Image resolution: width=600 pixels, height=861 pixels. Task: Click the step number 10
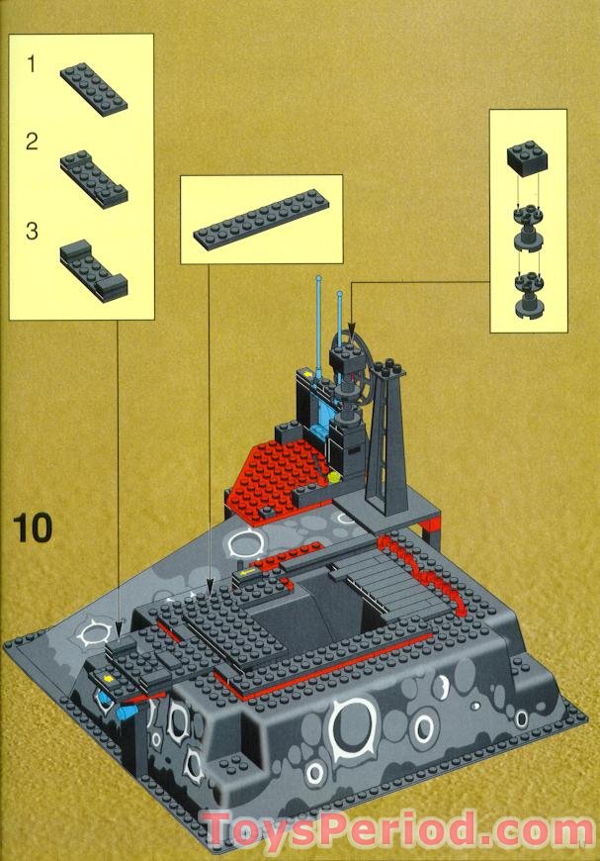[x=32, y=527]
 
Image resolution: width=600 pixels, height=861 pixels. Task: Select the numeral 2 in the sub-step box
[x=32, y=142]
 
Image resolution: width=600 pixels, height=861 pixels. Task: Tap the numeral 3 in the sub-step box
[x=32, y=232]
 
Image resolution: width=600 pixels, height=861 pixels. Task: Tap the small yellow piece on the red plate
[x=334, y=476]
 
